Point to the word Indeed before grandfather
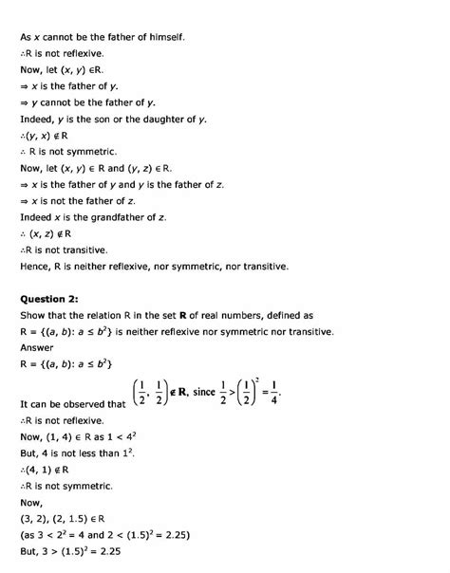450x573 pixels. pyautogui.click(x=38, y=217)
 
